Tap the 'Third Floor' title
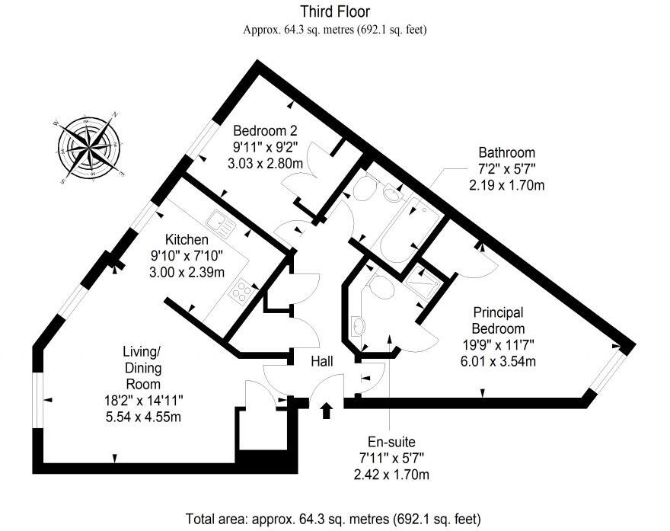[x=336, y=11]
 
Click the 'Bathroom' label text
[x=506, y=152]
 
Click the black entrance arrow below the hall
[x=327, y=411]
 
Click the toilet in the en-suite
[x=378, y=288]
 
